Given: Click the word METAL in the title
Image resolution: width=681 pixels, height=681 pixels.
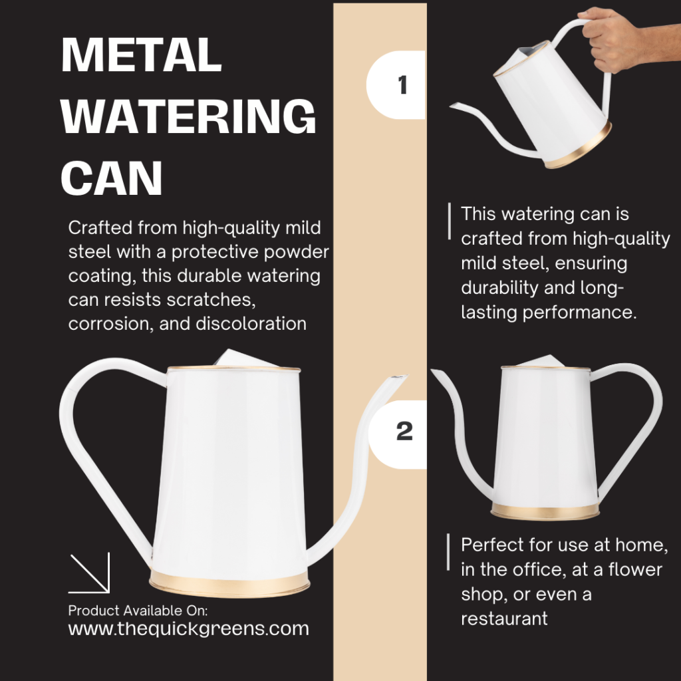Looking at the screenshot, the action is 142,55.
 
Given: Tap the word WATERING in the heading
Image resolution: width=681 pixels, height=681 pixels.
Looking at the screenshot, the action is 188,116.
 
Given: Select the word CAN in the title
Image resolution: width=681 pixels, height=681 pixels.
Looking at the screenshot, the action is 112,178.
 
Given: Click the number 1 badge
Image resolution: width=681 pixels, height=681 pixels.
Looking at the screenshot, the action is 396,84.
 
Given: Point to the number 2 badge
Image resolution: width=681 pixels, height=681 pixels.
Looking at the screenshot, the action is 398,434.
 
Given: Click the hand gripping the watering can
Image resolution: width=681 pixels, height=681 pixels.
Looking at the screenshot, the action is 616,40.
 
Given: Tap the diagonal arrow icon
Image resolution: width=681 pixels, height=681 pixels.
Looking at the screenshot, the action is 90,573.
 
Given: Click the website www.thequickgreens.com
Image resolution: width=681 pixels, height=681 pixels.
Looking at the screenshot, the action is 188,628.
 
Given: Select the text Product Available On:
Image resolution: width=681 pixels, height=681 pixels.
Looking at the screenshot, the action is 138,611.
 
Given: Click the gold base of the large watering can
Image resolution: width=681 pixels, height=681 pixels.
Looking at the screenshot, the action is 229,583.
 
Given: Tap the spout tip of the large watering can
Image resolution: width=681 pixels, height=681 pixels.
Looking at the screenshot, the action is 399,378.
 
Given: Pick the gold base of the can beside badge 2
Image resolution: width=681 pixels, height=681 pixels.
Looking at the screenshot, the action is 545,511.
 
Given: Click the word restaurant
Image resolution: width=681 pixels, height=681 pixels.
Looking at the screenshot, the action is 504,618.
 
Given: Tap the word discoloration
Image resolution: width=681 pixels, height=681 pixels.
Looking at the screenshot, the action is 251,324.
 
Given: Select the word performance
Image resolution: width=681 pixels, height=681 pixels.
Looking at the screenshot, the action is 579,313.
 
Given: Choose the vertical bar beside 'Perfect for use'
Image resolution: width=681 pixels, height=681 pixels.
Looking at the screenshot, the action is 448,551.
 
